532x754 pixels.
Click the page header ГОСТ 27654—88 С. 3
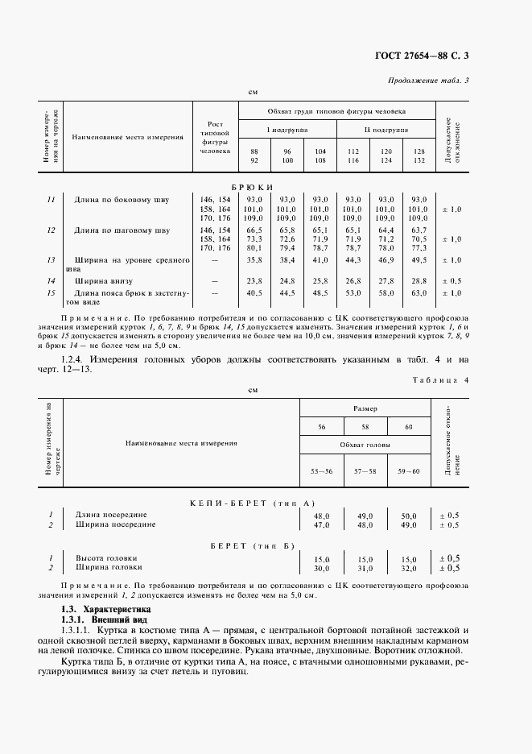[433, 56]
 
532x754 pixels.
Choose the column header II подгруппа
[386, 130]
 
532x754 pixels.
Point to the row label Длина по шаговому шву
[122, 230]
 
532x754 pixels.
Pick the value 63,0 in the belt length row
[419, 293]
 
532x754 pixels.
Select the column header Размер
[365, 408]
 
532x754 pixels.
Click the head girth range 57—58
[365, 470]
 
